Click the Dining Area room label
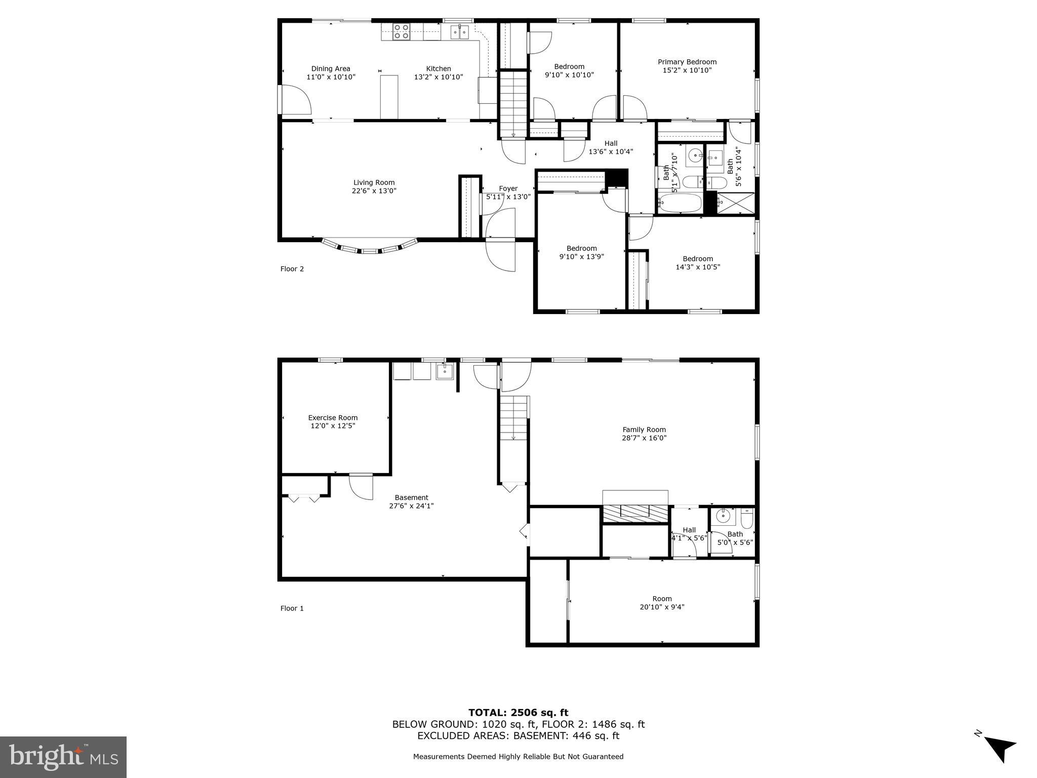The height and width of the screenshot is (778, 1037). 331,69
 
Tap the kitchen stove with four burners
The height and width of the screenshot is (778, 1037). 402,31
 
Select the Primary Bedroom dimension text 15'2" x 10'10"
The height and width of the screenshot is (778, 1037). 687,70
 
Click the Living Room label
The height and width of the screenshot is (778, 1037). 374,183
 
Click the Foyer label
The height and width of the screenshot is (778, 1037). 508,188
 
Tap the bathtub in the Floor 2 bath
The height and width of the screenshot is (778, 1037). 680,204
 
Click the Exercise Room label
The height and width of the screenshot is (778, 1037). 333,418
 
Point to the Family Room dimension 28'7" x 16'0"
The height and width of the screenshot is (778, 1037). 644,438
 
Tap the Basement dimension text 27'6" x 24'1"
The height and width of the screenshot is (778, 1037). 411,505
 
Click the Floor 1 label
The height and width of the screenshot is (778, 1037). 292,608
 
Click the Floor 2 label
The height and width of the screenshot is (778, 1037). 292,269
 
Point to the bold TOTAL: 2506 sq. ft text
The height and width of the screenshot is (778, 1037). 518,713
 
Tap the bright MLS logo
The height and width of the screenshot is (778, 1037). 63,757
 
